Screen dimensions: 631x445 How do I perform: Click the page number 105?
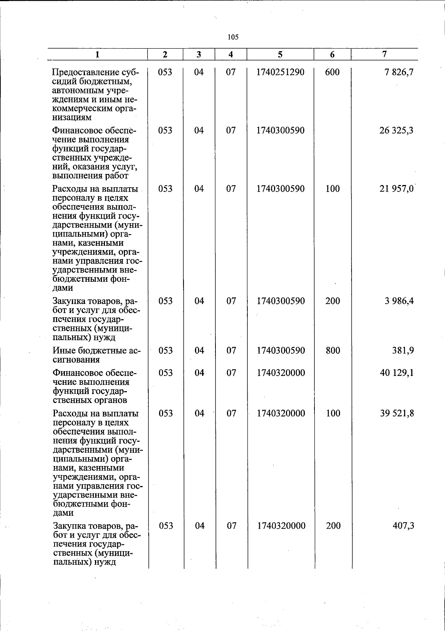[233, 37]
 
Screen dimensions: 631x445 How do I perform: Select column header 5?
[280, 54]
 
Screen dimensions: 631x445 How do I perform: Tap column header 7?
[385, 54]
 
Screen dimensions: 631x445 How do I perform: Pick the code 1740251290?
[280, 72]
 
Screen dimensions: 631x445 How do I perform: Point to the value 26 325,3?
[396, 131]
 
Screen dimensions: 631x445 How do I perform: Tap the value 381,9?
[403, 350]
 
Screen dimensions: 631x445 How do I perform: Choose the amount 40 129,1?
[397, 373]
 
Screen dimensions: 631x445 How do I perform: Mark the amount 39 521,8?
[397, 413]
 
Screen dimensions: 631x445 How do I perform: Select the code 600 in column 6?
[332, 72]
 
